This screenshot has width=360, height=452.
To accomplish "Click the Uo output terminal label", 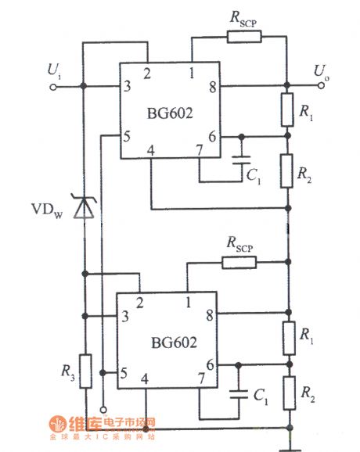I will [321, 71].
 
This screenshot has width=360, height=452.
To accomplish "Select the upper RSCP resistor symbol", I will [244, 36].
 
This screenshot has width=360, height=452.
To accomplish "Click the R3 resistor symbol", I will [85, 371].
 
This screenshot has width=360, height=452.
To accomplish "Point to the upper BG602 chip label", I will [170, 113].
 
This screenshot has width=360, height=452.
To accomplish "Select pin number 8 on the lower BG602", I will [207, 316].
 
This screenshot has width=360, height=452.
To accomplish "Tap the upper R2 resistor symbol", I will [288, 169].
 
